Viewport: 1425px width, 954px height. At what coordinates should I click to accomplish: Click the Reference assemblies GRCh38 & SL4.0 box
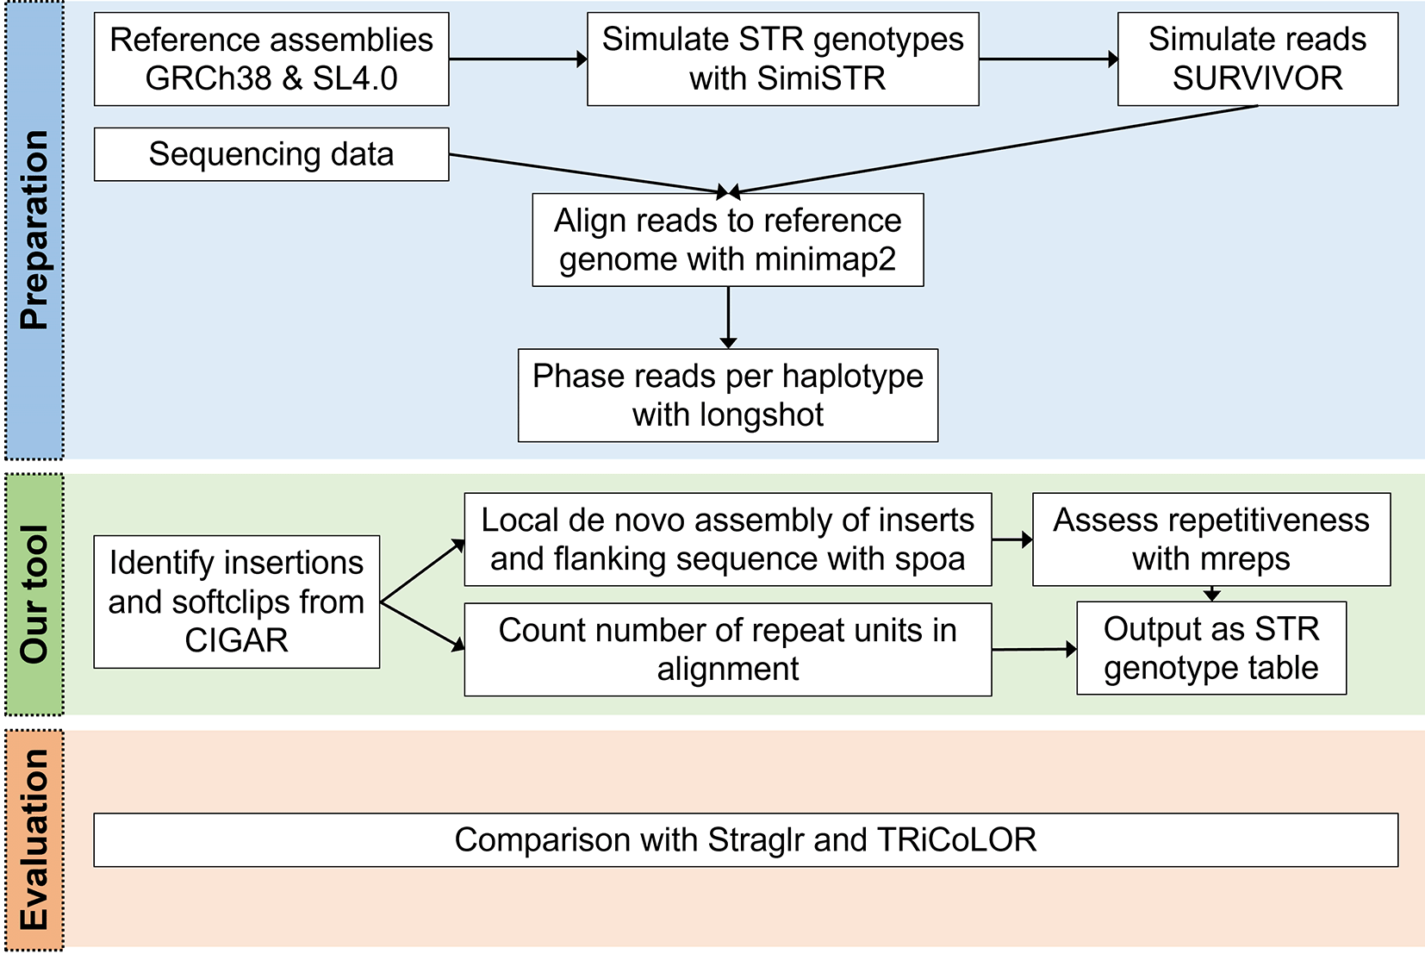coord(271,59)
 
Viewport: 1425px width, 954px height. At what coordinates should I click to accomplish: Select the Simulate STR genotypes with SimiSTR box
coord(783,59)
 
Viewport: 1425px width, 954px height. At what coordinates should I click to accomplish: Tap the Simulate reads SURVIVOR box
coord(1258,59)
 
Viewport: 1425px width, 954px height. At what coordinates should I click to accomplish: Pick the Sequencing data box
coord(271,154)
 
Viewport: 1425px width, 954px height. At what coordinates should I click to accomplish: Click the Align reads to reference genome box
coord(728,240)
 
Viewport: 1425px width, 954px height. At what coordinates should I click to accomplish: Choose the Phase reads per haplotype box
coord(728,396)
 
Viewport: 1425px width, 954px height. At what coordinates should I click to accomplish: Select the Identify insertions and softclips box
coord(237,602)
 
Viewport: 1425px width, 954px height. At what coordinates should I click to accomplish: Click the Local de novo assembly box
coord(728,539)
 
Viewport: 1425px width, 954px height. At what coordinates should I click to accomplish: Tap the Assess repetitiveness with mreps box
coord(1211,539)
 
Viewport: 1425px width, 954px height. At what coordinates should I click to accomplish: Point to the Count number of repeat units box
coord(728,649)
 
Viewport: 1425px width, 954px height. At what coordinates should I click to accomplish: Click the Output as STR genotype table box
coord(1211,648)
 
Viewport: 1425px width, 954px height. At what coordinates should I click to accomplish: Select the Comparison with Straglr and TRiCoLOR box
coord(745,839)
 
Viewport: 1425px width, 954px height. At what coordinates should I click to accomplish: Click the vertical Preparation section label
coord(34,230)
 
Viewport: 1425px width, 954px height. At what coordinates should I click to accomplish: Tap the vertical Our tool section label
coord(34,595)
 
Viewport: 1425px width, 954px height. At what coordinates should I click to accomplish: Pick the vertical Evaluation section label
coord(34,839)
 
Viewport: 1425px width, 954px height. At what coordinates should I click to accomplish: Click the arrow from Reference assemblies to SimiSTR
coord(519,59)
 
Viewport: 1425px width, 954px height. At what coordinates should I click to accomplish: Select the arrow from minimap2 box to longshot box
coord(728,318)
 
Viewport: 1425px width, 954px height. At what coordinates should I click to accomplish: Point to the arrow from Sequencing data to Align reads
coord(588,173)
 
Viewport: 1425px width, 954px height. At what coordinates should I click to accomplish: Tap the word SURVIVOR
coord(1258,78)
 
